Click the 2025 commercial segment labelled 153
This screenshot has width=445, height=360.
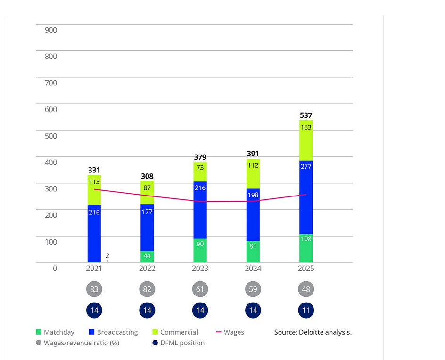click(306, 140)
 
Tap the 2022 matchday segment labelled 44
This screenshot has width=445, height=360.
click(147, 257)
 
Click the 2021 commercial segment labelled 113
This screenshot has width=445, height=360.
click(94, 190)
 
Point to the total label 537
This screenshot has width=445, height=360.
click(306, 115)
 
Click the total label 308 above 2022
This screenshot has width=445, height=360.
click(147, 176)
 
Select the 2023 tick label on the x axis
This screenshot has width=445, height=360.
click(200, 269)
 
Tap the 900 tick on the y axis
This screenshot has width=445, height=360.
click(50, 30)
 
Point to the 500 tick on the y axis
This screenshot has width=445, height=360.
click(50, 136)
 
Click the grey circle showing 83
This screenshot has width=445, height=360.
click(94, 289)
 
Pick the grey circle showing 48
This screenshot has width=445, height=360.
click(306, 289)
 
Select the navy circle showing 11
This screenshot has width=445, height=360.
click(306, 311)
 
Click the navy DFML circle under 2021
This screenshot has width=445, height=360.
click(94, 311)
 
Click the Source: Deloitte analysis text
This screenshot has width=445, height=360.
click(313, 332)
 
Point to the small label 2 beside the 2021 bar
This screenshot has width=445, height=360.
click(107, 256)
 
